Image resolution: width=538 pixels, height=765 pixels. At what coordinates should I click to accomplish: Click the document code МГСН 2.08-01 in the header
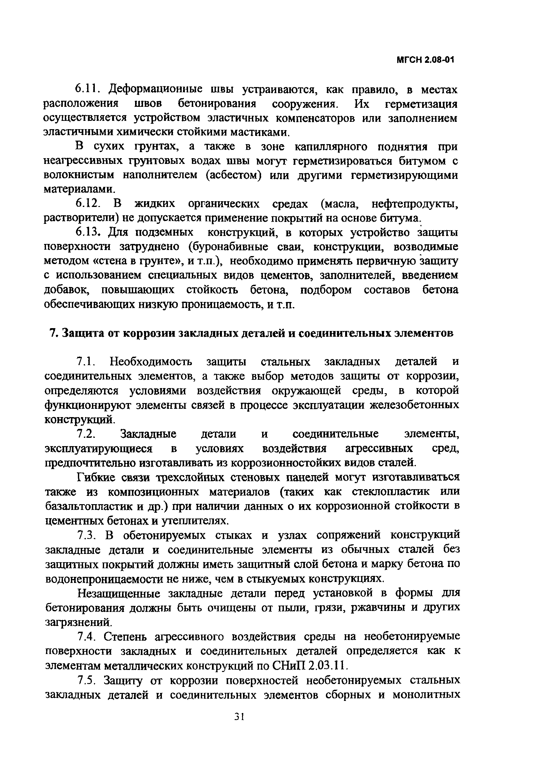425,60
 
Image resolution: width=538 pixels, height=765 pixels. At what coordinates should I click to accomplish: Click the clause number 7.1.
87,362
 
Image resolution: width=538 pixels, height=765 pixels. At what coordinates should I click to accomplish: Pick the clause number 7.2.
87,434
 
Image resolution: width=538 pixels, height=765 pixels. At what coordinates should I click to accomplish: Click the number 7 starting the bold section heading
52,333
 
